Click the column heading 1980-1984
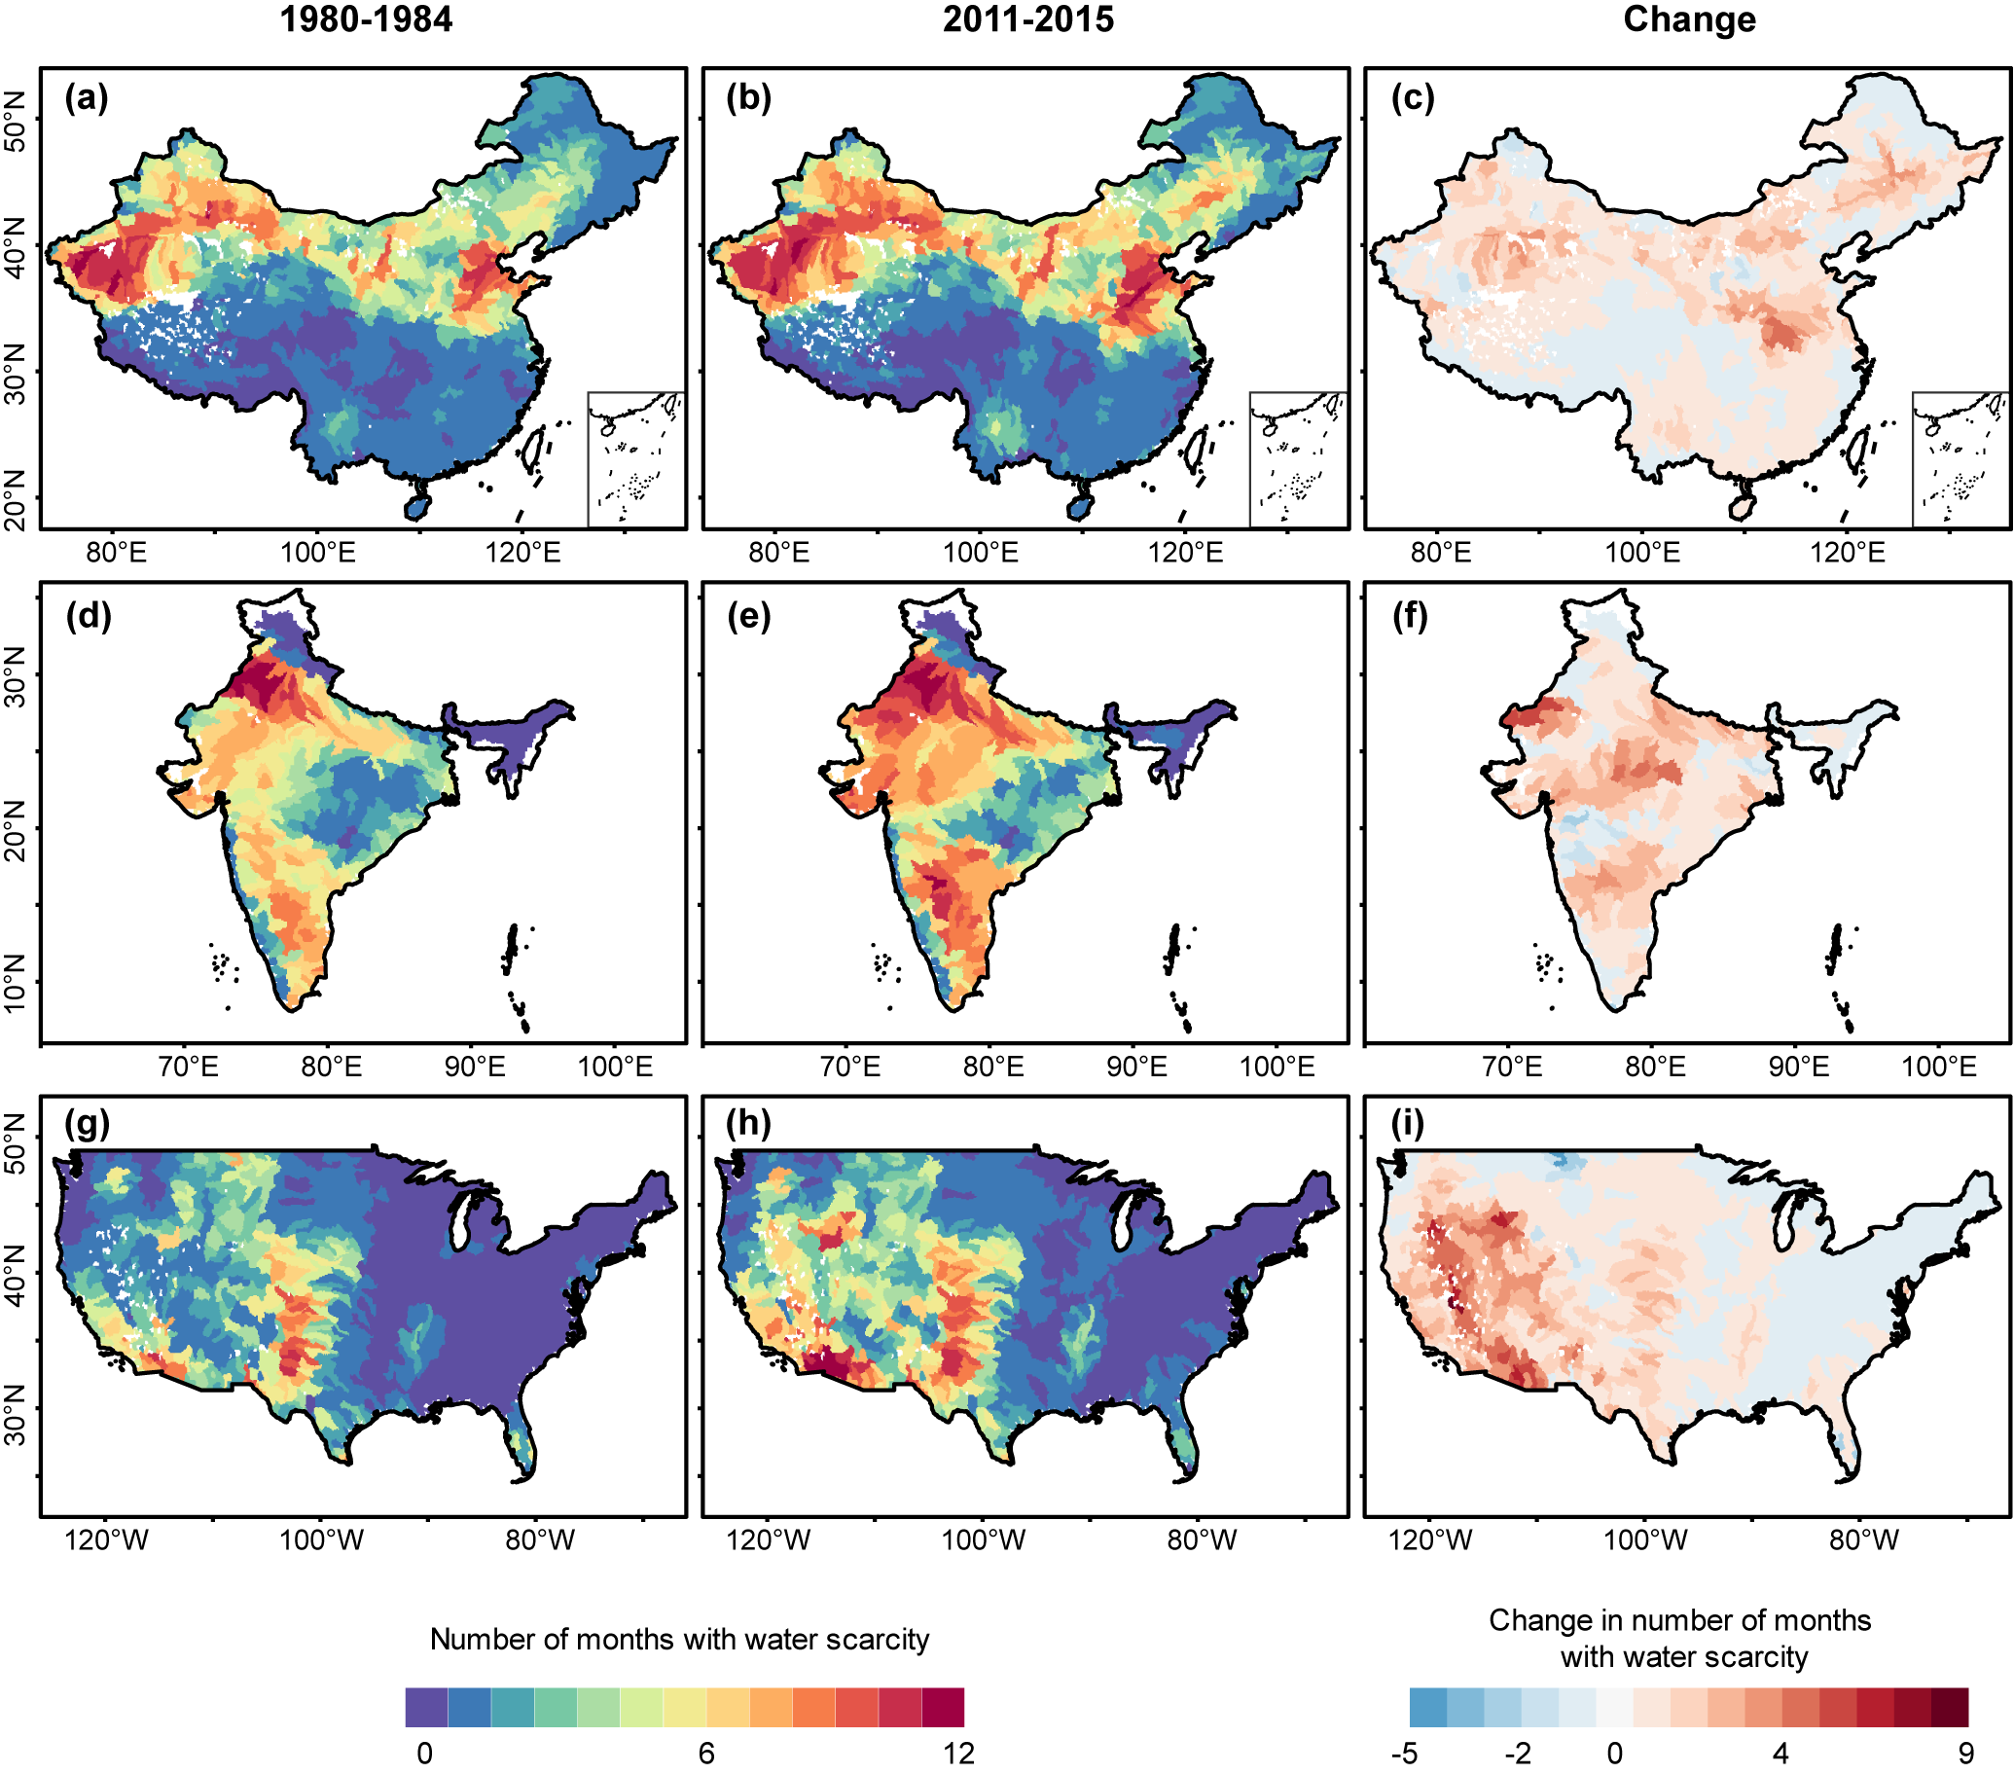(366, 19)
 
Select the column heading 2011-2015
(1027, 19)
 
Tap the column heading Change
(1689, 19)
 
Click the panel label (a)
(87, 98)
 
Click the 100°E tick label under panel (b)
(981, 552)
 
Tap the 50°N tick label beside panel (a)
(16, 121)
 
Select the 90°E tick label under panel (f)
(1798, 1067)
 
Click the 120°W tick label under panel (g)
(106, 1539)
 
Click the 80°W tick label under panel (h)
(1203, 1539)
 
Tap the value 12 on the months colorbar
(957, 1754)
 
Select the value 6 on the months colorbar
(705, 1754)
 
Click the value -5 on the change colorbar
(1404, 1754)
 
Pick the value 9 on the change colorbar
(1965, 1754)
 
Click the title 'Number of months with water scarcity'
(680, 1639)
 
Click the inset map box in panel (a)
(636, 459)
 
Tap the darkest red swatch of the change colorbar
(1949, 1707)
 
